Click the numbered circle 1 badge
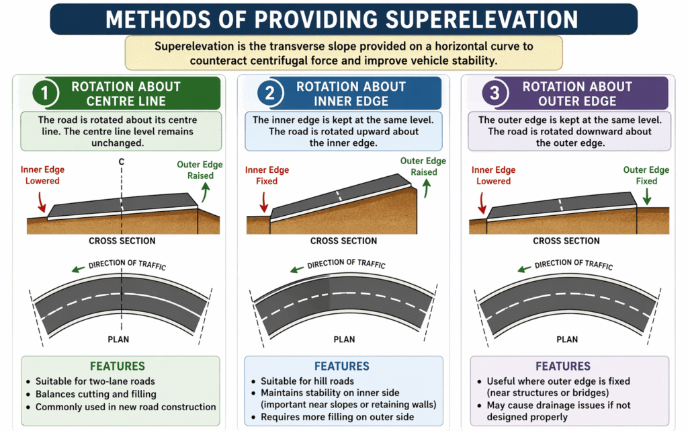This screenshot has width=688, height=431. tap(45, 93)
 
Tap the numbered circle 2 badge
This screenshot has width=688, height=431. tap(269, 93)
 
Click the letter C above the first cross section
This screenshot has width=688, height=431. tap(122, 161)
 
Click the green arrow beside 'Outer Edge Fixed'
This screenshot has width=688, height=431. tap(646, 196)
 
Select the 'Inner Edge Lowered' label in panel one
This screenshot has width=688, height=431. tap(42, 175)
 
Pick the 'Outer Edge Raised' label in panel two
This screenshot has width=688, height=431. tap(423, 166)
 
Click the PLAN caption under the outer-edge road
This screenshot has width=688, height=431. tap(567, 339)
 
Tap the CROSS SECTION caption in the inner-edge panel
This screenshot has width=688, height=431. tap(343, 241)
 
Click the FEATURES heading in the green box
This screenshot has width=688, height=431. tap(119, 366)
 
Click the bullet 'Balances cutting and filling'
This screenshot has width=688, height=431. tap(96, 394)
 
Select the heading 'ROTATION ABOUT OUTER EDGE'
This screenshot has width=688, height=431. tap(577, 93)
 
